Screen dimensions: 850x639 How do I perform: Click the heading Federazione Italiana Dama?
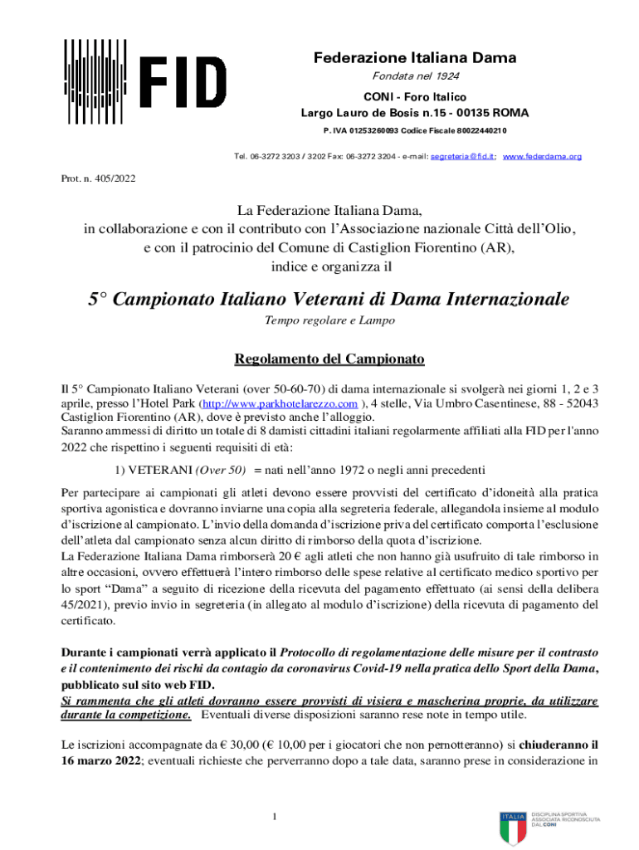(414, 58)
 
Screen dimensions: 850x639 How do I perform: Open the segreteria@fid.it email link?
(461, 156)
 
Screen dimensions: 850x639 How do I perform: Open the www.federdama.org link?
(542, 156)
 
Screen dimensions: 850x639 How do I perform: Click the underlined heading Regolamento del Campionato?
(329, 359)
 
